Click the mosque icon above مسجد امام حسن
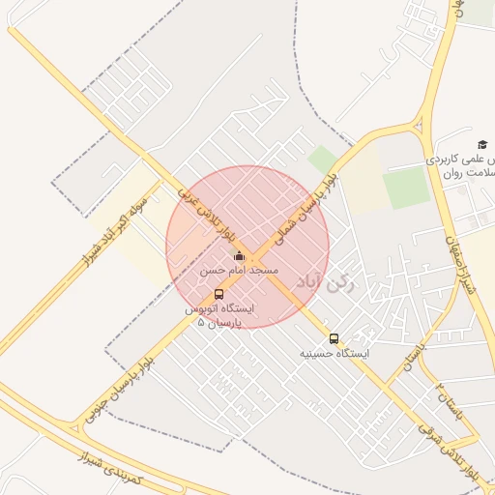pos(239,256)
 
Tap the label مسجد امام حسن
pos(239,271)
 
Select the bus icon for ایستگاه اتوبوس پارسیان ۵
pos(218,294)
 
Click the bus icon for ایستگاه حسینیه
pos(335,338)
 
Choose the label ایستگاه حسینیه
pos(335,355)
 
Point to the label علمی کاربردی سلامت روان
pos(461,165)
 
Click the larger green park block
pos(406,187)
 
